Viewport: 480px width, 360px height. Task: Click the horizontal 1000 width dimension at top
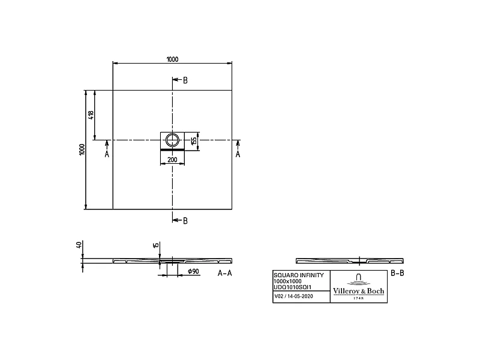172,59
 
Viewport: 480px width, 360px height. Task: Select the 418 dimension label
91,115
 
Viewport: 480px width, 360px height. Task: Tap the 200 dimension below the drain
172,160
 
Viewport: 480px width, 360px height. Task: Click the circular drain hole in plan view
173,140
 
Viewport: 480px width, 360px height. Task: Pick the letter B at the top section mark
185,80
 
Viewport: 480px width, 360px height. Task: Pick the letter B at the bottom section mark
185,221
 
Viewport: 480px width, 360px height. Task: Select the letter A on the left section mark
107,154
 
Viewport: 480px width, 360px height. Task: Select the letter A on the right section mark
238,154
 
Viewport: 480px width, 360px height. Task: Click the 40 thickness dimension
79,245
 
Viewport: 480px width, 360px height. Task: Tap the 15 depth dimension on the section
155,245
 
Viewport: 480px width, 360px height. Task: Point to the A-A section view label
224,273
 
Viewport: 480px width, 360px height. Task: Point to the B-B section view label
398,273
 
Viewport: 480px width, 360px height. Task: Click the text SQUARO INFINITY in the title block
298,275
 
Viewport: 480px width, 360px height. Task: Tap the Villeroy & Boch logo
359,286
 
